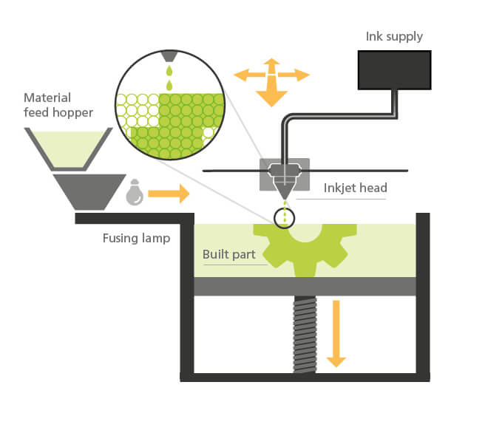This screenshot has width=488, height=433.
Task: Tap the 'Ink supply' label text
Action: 395,35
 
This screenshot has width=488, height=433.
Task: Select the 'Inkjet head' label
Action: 355,188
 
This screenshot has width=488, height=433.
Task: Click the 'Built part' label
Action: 229,255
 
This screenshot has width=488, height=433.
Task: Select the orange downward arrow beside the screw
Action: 336,333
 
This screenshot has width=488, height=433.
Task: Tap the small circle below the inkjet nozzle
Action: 284,217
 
